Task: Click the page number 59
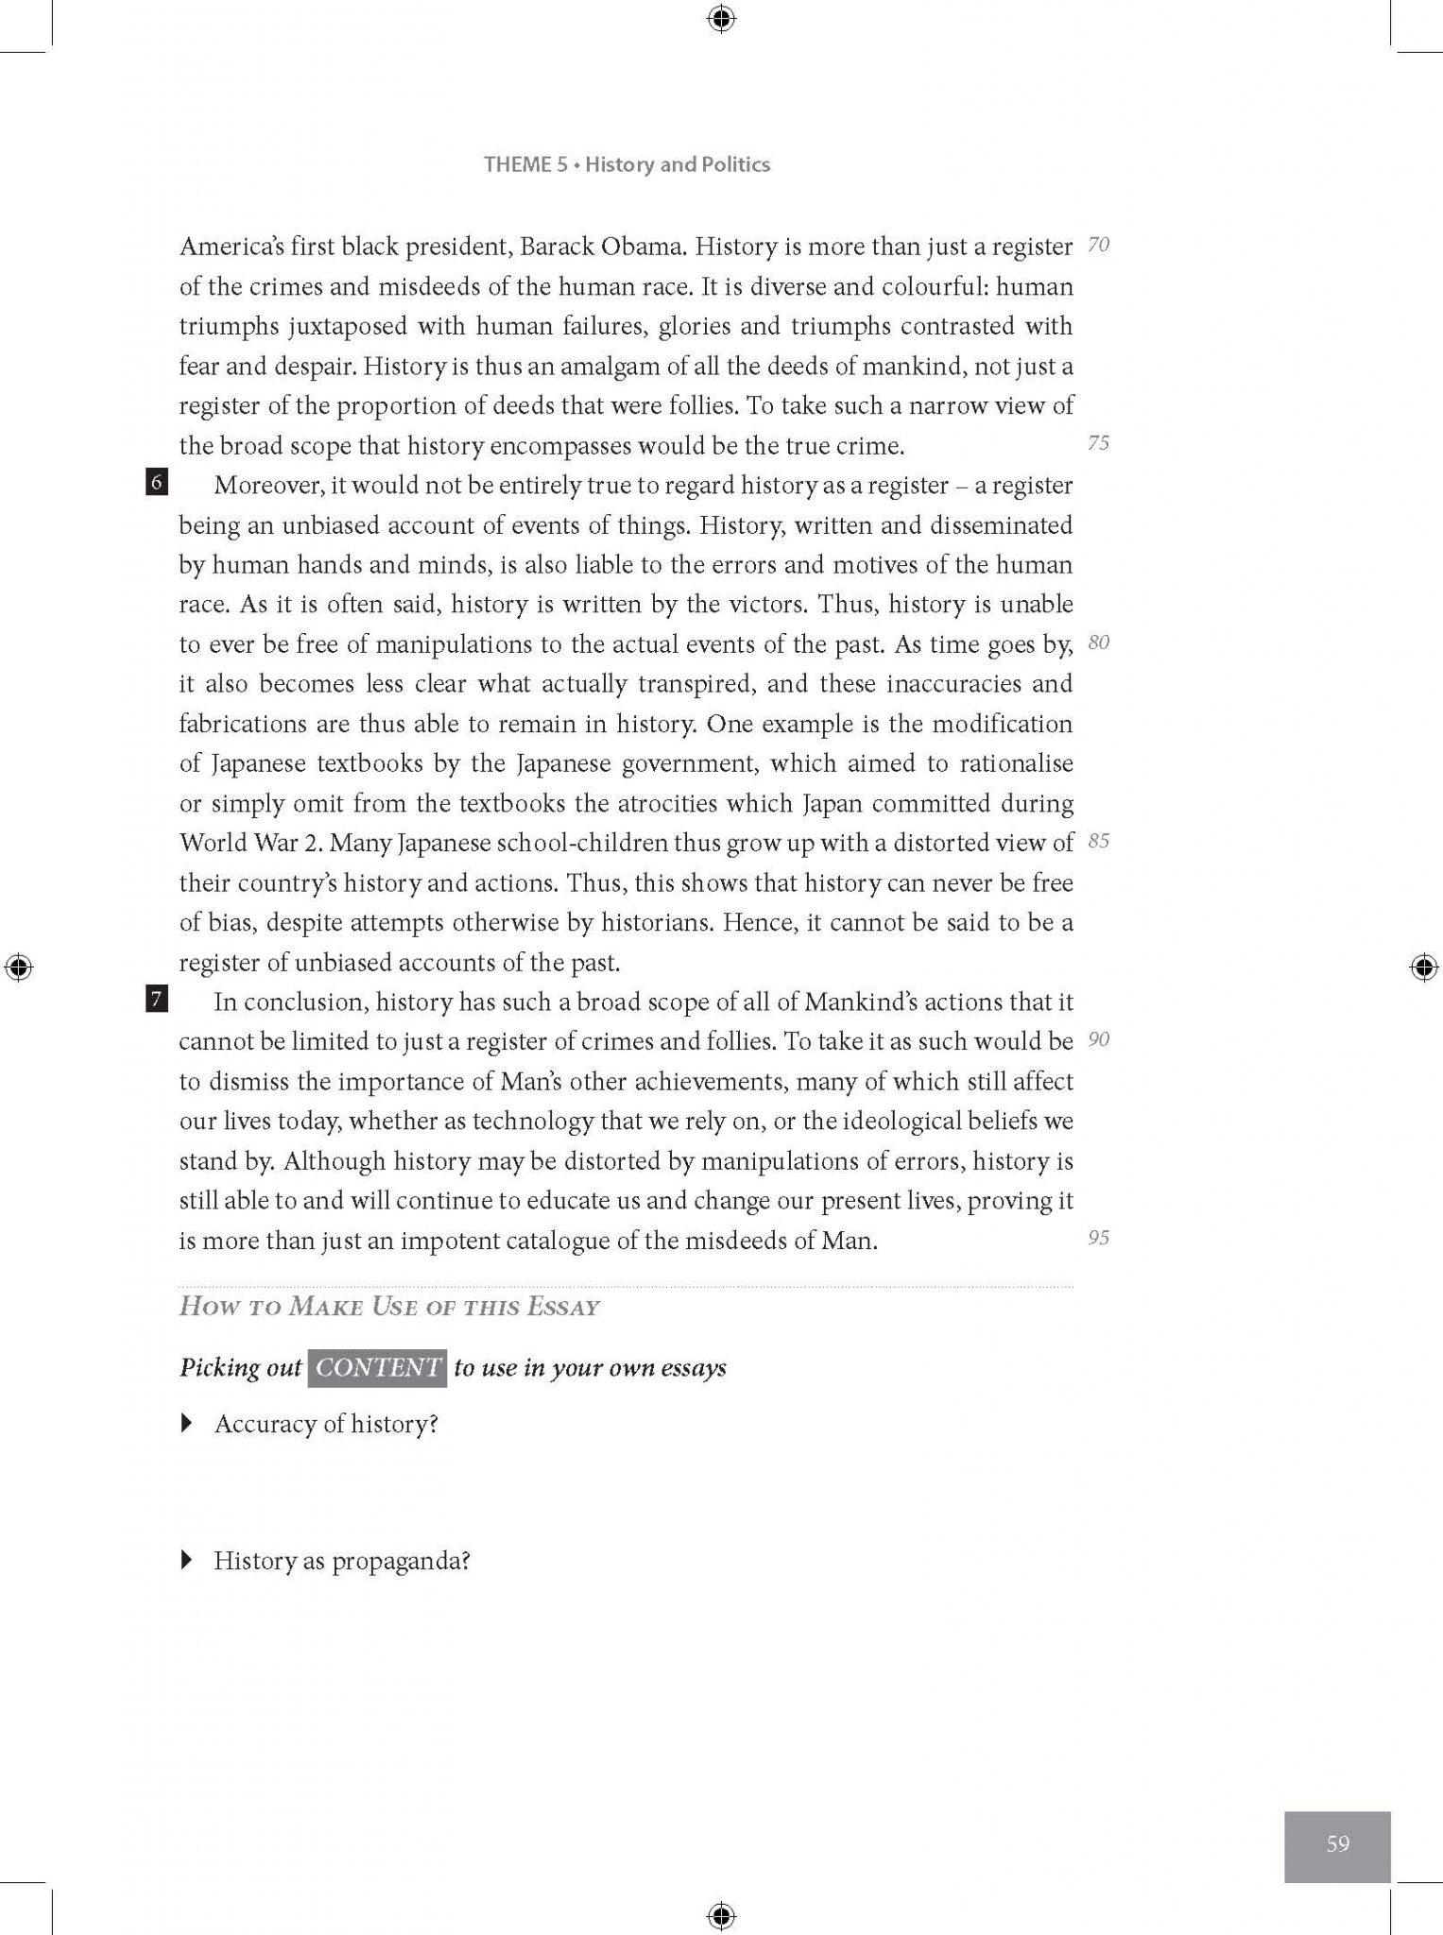pyautogui.click(x=1337, y=1842)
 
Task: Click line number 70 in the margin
pyautogui.click(x=1098, y=245)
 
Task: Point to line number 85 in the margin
pyautogui.click(x=1098, y=841)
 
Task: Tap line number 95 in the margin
pyautogui.click(x=1098, y=1238)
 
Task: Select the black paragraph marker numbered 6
pyautogui.click(x=157, y=483)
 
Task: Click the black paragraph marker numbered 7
pyautogui.click(x=157, y=999)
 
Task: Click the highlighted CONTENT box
pyautogui.click(x=377, y=1367)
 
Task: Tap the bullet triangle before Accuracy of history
pyautogui.click(x=187, y=1423)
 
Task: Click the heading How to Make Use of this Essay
pyautogui.click(x=389, y=1308)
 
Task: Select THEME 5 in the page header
pyautogui.click(x=525, y=164)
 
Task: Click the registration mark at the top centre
pyautogui.click(x=721, y=18)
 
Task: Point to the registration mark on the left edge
pyautogui.click(x=18, y=967)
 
